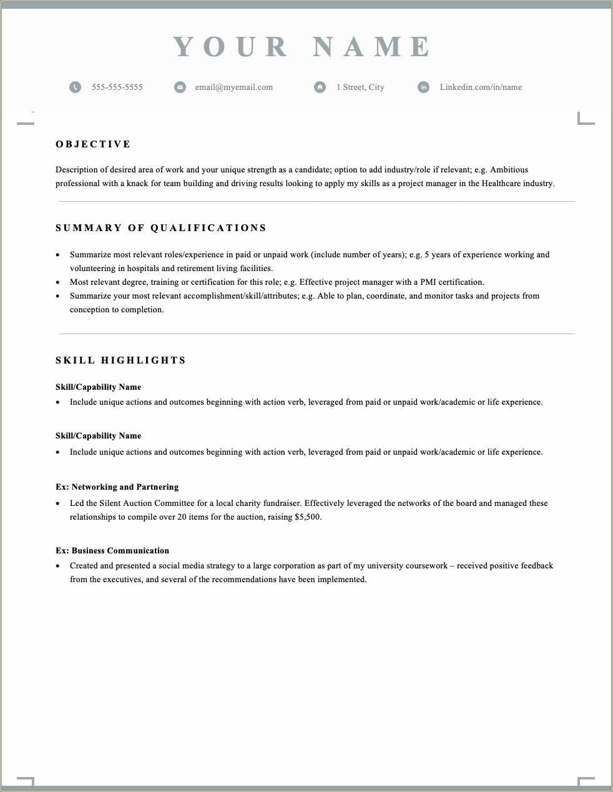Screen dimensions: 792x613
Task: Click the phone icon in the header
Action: point(76,87)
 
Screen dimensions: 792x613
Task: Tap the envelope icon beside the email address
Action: point(180,87)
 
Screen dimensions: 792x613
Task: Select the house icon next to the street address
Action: point(320,87)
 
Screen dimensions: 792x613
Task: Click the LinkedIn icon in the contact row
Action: point(423,87)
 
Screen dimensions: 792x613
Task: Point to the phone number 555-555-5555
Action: point(117,87)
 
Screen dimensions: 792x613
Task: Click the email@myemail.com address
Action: point(234,87)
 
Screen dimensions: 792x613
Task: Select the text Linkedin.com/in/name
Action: point(481,87)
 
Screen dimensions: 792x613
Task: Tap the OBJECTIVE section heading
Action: point(93,144)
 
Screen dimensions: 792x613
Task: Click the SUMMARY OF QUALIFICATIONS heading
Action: point(161,228)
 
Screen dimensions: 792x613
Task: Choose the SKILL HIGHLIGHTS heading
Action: point(121,360)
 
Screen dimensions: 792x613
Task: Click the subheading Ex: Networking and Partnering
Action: point(117,487)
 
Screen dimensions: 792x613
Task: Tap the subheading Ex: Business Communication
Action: point(112,551)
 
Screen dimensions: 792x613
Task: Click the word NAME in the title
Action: point(372,47)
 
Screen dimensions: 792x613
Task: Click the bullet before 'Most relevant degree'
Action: point(58,283)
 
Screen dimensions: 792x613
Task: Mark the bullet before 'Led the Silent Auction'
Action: point(58,504)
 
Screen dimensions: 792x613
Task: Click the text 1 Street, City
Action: point(360,87)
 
